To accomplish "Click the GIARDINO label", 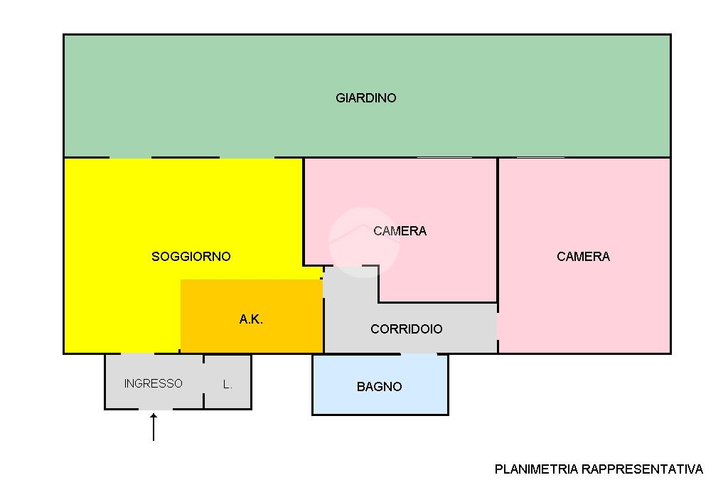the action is (366, 98).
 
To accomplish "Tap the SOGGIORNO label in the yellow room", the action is (191, 257).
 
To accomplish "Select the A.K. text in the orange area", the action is (251, 319).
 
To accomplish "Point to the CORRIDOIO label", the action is (406, 329).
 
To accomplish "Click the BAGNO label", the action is (380, 387).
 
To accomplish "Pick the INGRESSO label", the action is (154, 383).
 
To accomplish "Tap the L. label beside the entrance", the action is (227, 384).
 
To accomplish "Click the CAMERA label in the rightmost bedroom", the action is (583, 257).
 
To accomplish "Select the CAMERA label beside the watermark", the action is (400, 231).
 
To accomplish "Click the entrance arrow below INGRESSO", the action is (154, 427).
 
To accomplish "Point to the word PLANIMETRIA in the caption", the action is (536, 469).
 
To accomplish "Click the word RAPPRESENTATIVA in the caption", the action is (643, 469).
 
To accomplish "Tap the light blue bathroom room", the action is (380, 385).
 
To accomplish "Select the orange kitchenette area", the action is (252, 316).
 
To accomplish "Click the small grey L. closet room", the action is (227, 382).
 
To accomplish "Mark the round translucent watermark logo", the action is (364, 242).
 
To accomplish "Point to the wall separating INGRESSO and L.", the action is (203, 382).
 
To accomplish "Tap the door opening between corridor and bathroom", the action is (419, 354).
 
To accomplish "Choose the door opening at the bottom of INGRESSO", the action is (156, 410).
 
